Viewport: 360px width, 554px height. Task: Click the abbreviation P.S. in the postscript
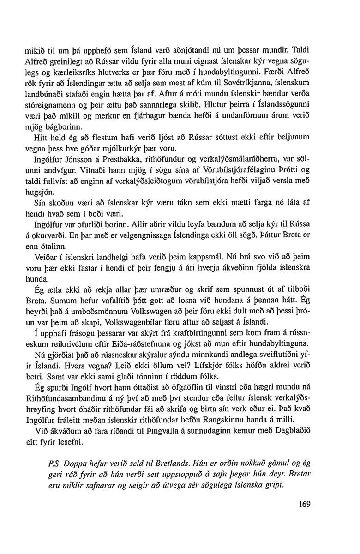click(54, 464)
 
